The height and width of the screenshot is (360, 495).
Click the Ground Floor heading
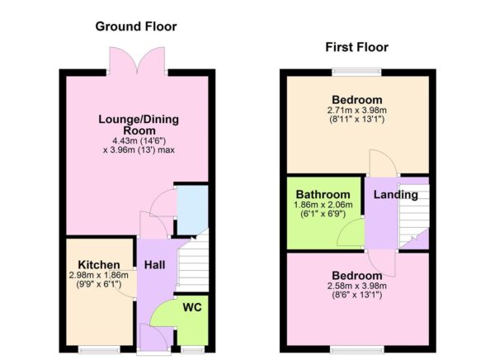(136, 26)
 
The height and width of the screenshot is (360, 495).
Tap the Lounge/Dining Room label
(139, 125)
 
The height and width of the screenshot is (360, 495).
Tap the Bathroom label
(323, 194)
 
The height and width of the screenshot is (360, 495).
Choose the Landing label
(395, 196)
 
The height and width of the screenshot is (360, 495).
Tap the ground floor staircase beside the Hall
(191, 266)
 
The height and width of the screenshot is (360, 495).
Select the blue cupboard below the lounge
(192, 210)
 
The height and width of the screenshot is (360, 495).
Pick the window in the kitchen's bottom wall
(97, 348)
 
